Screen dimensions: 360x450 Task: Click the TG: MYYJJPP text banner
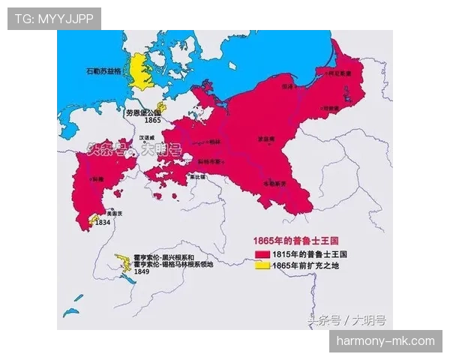[53, 18]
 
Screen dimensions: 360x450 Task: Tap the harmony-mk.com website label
[385, 341]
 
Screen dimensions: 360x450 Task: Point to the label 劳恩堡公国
[143, 112]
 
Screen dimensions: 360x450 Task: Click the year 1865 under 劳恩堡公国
[152, 120]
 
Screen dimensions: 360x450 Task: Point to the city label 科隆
[97, 179]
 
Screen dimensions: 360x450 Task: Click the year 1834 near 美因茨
[103, 223]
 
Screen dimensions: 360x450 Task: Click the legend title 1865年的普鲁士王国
[295, 241]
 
